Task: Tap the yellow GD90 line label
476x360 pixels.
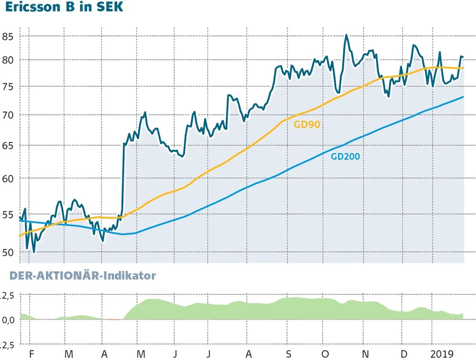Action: point(307,125)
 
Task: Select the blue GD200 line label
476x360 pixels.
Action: point(345,156)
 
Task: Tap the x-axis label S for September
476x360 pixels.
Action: point(288,354)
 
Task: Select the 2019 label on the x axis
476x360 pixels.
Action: point(442,354)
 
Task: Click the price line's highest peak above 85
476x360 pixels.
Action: point(346,35)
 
